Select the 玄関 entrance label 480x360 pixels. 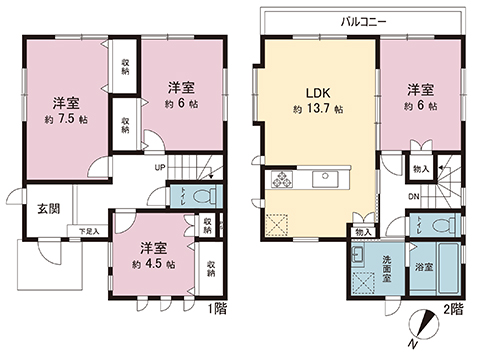click(x=49, y=210)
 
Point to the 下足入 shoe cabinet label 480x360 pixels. click(x=89, y=232)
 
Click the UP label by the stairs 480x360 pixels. click(x=159, y=167)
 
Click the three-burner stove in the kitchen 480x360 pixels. click(x=279, y=180)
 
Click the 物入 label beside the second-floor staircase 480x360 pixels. click(x=420, y=169)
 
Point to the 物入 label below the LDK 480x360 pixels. click(x=362, y=232)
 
